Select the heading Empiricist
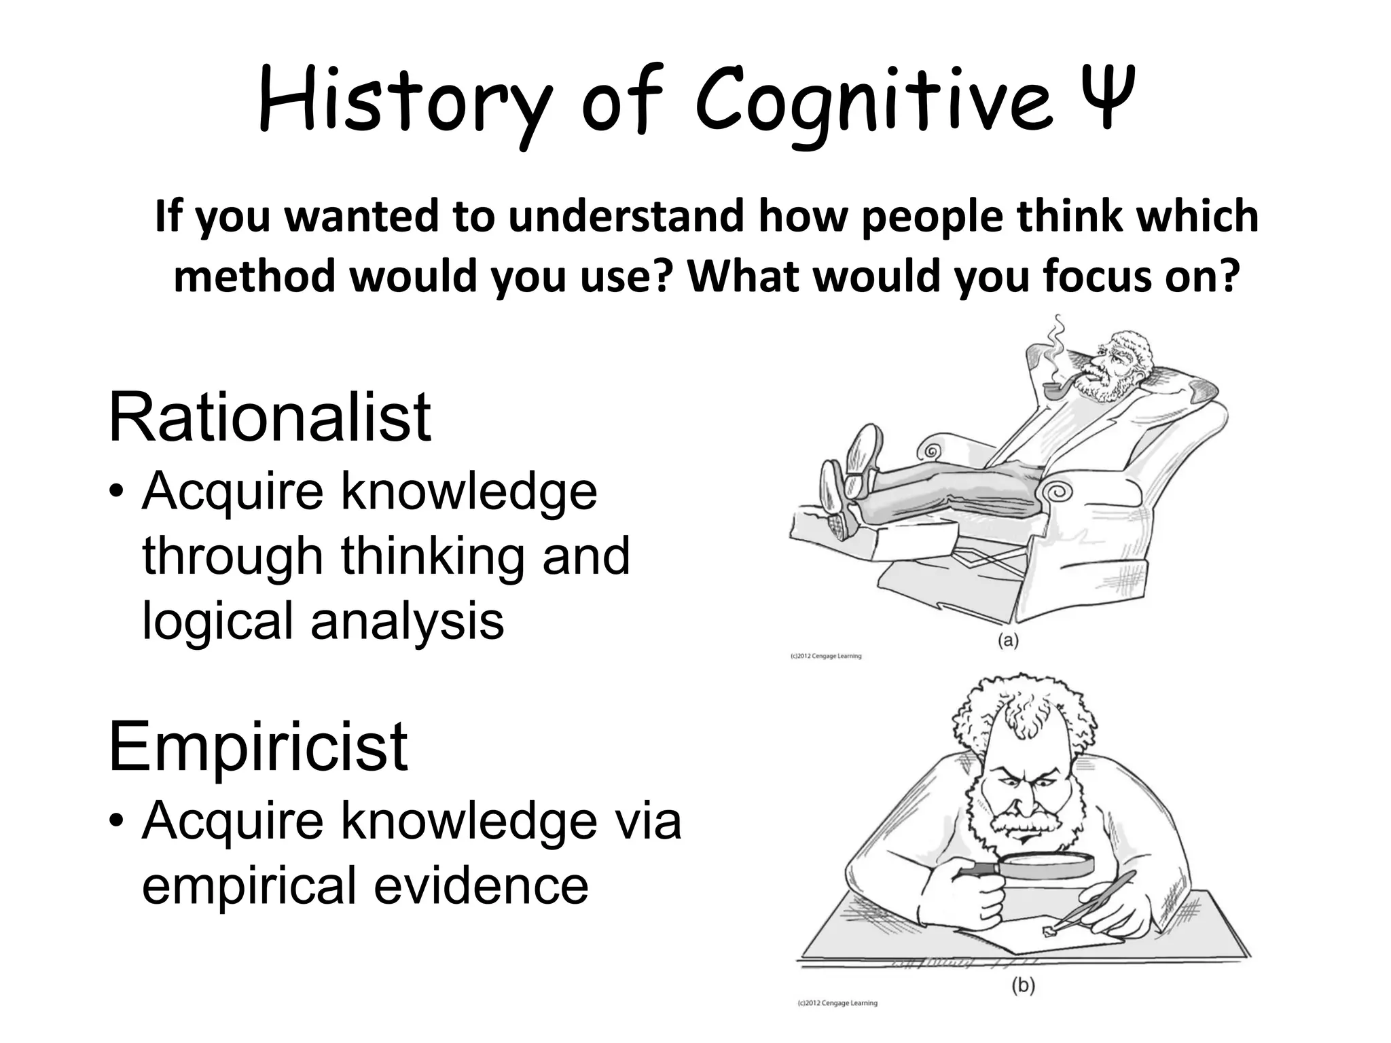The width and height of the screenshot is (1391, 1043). (x=258, y=746)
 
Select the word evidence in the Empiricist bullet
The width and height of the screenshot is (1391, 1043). (x=482, y=885)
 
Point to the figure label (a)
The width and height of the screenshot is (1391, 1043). (x=1008, y=640)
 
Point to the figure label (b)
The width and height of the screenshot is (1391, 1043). (x=1023, y=985)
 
